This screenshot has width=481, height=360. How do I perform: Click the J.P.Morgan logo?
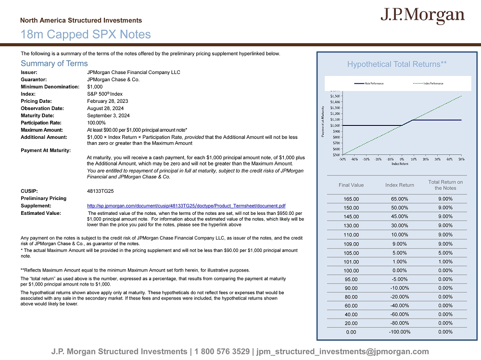point(422,16)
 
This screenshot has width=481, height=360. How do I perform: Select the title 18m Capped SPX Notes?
point(86,35)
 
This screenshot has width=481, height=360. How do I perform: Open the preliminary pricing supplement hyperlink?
point(186,206)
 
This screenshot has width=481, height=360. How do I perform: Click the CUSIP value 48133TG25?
point(100,191)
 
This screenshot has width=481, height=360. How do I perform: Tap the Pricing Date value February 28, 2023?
point(107,101)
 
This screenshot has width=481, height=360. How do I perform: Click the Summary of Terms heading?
point(54,63)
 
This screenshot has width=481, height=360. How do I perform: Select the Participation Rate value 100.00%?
point(96,123)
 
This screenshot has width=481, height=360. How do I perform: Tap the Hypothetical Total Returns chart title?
point(397,64)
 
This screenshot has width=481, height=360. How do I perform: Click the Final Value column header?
point(351,185)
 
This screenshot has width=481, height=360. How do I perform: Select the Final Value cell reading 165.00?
point(351,199)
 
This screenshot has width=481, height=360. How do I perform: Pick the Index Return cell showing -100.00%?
point(399,332)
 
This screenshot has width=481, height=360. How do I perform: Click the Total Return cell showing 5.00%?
point(445,252)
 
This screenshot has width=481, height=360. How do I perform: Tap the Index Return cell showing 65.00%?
point(399,199)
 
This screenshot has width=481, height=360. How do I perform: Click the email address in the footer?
point(343,351)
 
